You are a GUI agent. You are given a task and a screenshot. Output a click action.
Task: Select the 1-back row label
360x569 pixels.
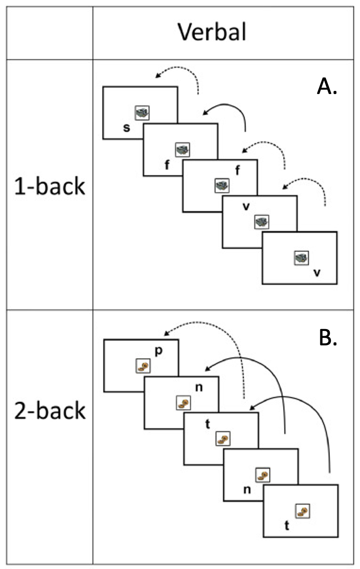click(x=50, y=187)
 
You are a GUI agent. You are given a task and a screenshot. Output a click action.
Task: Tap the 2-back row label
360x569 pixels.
click(x=50, y=411)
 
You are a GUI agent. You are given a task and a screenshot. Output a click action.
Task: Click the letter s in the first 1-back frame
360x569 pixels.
click(x=127, y=128)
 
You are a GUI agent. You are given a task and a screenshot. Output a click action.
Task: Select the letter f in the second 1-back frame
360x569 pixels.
click(x=166, y=166)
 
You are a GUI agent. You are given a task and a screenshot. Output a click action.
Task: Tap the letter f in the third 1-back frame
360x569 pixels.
click(x=237, y=171)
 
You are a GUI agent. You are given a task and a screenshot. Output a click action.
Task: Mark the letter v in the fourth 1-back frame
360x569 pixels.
click(x=246, y=206)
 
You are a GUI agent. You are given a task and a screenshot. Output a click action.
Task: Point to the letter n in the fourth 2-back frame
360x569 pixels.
click(x=247, y=489)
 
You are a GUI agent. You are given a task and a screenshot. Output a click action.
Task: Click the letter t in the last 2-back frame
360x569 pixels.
click(x=287, y=526)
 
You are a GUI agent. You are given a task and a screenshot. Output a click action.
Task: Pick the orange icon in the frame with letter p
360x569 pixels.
click(x=143, y=365)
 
